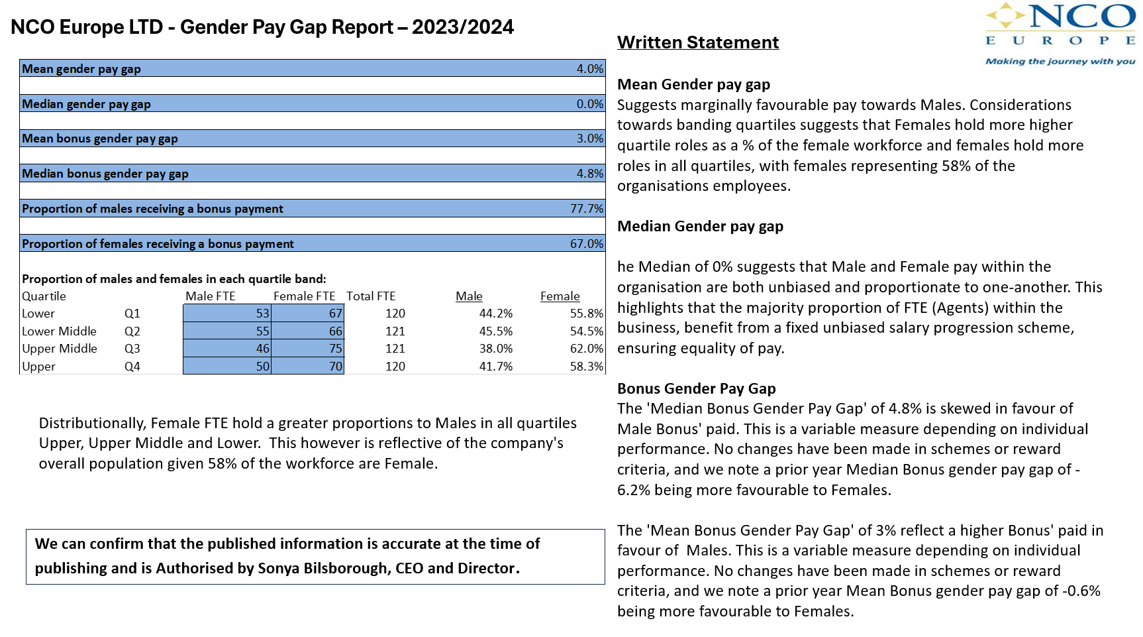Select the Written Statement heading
(x=697, y=42)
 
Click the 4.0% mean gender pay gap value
(x=589, y=69)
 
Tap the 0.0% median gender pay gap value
(x=589, y=104)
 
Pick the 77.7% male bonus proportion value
(x=586, y=209)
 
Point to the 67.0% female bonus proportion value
(x=586, y=244)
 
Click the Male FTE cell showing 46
(x=262, y=349)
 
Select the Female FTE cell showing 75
(x=335, y=349)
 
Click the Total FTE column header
(x=371, y=296)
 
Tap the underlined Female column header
(x=560, y=296)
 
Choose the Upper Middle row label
(x=60, y=349)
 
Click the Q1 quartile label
(x=132, y=314)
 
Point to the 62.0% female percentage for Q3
(x=586, y=349)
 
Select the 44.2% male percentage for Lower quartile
(x=495, y=314)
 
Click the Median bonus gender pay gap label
(x=105, y=174)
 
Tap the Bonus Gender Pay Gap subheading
(x=696, y=388)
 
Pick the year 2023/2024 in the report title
(x=462, y=27)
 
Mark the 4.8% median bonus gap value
(x=589, y=174)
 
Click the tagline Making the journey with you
(x=1060, y=61)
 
